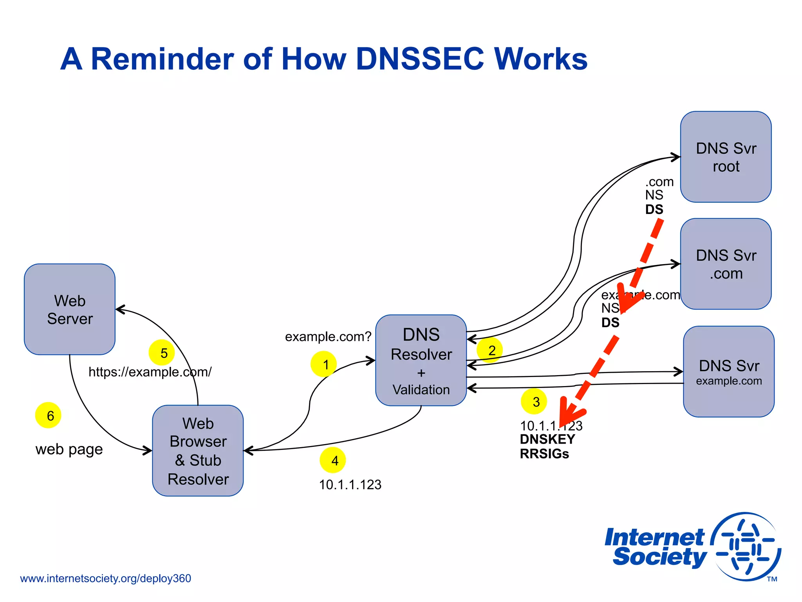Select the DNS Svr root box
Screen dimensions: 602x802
click(x=726, y=157)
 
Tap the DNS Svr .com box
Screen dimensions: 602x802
click(x=726, y=264)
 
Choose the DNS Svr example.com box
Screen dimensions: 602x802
click(x=728, y=372)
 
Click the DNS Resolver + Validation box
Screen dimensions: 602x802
click(x=421, y=360)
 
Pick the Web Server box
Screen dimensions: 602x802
click(x=70, y=309)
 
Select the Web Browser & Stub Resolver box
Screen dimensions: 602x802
click(x=198, y=451)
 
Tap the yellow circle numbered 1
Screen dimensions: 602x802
click(x=323, y=364)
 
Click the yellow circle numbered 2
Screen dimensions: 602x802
click(x=490, y=350)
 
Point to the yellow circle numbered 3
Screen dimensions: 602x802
click(x=534, y=401)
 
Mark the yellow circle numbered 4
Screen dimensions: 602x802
click(x=333, y=460)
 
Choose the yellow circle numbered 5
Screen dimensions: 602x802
click(x=162, y=352)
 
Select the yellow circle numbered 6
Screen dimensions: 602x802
click(x=48, y=415)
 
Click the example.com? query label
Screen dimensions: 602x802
click(x=328, y=337)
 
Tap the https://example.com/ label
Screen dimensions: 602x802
click(x=150, y=372)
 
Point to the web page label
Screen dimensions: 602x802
click(x=69, y=449)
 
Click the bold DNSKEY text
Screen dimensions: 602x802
click(x=547, y=439)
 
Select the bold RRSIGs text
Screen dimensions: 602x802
click(x=544, y=454)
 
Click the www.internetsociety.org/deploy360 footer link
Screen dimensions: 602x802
click(x=105, y=578)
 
